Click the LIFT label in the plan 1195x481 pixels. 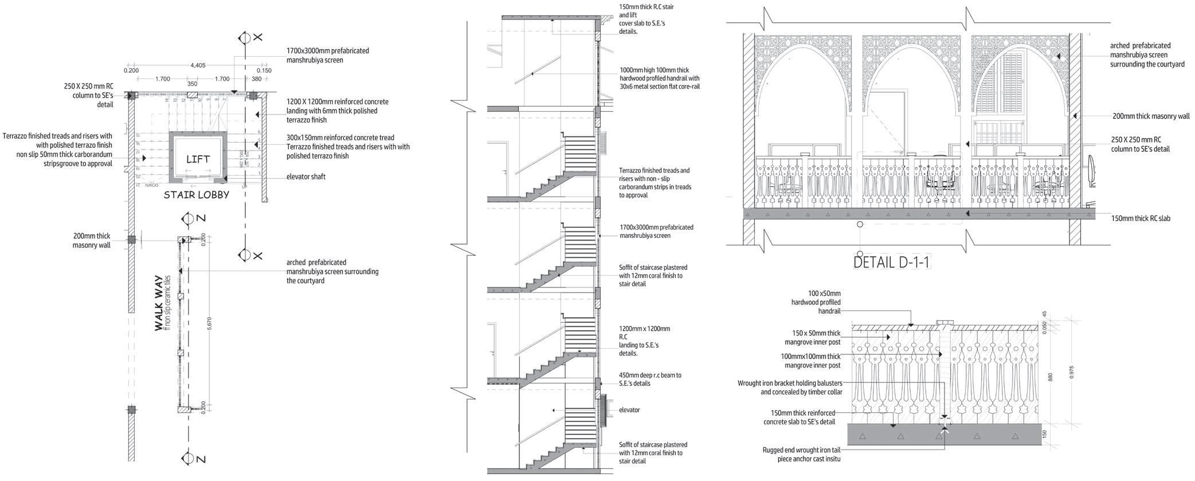point(198,159)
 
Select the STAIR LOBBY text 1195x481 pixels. point(196,195)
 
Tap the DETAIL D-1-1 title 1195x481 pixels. point(891,262)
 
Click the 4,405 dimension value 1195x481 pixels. point(197,66)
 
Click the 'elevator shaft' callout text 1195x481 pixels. point(305,177)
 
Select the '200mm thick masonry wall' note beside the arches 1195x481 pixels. point(1151,116)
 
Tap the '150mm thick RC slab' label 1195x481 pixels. point(1141,219)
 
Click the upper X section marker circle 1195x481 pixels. point(244,38)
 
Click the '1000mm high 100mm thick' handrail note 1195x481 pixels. point(659,78)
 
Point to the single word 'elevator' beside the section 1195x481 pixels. point(629,410)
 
